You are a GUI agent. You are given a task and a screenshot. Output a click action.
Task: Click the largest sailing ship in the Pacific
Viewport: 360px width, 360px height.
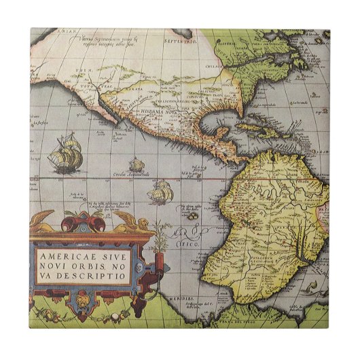(x=67, y=154)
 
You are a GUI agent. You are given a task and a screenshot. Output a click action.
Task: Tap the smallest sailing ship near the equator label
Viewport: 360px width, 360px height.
(x=137, y=164)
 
